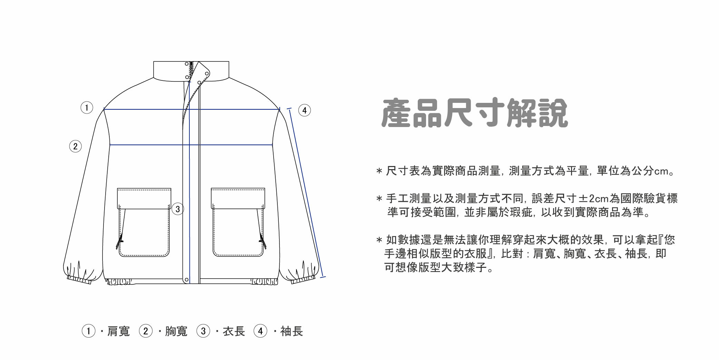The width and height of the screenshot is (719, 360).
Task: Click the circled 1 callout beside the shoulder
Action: tap(87, 108)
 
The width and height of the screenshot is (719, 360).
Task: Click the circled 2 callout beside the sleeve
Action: tap(76, 146)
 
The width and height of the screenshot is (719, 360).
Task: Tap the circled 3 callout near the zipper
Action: tap(178, 209)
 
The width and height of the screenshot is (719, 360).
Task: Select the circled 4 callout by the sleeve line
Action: tap(304, 110)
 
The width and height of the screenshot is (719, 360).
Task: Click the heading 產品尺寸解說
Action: tap(474, 113)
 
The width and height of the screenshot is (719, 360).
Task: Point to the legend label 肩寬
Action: tap(118, 331)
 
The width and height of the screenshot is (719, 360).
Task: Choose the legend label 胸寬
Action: tap(176, 331)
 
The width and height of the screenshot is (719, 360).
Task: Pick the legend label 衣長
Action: tap(234, 331)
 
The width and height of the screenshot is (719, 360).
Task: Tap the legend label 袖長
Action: tap(292, 331)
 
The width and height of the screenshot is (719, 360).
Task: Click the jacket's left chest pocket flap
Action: tap(144, 198)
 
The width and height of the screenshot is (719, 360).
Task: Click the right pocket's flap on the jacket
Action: tap(238, 198)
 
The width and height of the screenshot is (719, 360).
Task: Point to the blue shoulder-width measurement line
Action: tap(145, 109)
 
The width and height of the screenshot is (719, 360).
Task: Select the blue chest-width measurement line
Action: tap(148, 145)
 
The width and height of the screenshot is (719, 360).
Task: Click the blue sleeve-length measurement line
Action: tap(306, 193)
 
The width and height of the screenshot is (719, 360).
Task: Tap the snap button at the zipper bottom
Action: tap(187, 279)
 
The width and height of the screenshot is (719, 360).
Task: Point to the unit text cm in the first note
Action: tap(661, 171)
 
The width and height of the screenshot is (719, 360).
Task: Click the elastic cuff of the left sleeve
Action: tap(79, 280)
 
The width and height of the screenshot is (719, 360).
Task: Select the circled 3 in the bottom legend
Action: tap(203, 331)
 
